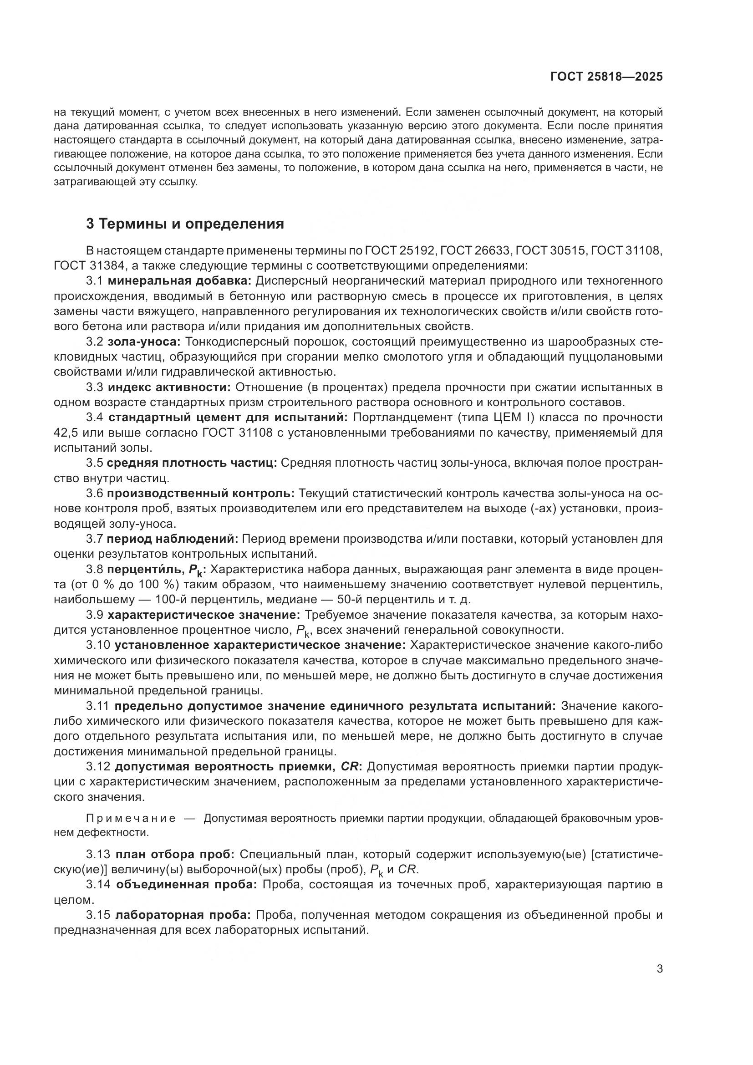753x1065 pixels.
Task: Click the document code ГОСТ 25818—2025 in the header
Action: click(606, 76)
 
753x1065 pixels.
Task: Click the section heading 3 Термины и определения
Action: click(185, 224)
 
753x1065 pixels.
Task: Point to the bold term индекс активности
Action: click(169, 387)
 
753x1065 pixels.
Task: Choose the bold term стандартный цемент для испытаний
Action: click(228, 418)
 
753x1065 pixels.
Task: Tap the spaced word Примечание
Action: click(131, 819)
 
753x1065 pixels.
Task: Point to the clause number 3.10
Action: click(97, 645)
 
